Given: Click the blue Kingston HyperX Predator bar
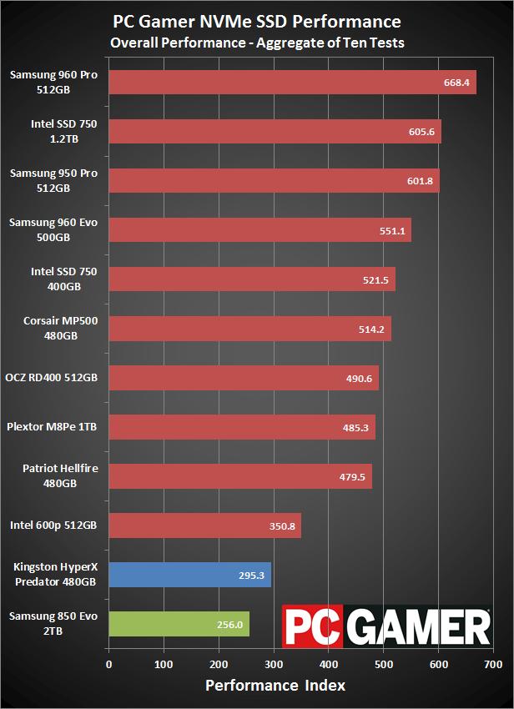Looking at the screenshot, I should tap(189, 575).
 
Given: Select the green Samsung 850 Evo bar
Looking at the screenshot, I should tap(179, 624).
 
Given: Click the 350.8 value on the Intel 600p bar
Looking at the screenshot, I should tap(283, 525).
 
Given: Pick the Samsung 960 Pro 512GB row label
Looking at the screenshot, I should tap(53, 82).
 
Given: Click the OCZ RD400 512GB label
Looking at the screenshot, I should tap(52, 378).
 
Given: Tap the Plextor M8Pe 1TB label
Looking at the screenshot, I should tap(52, 427).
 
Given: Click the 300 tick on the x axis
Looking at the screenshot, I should tap(274, 665).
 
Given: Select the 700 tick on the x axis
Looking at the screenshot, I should tap(493, 665).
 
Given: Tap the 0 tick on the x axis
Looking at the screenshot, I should tap(108, 665).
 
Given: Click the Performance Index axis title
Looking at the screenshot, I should tap(276, 686).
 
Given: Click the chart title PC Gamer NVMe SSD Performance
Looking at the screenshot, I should tap(257, 22).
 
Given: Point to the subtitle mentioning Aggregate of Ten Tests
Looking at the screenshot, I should tap(257, 42).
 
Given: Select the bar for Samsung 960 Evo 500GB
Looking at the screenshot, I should tap(260, 230).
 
